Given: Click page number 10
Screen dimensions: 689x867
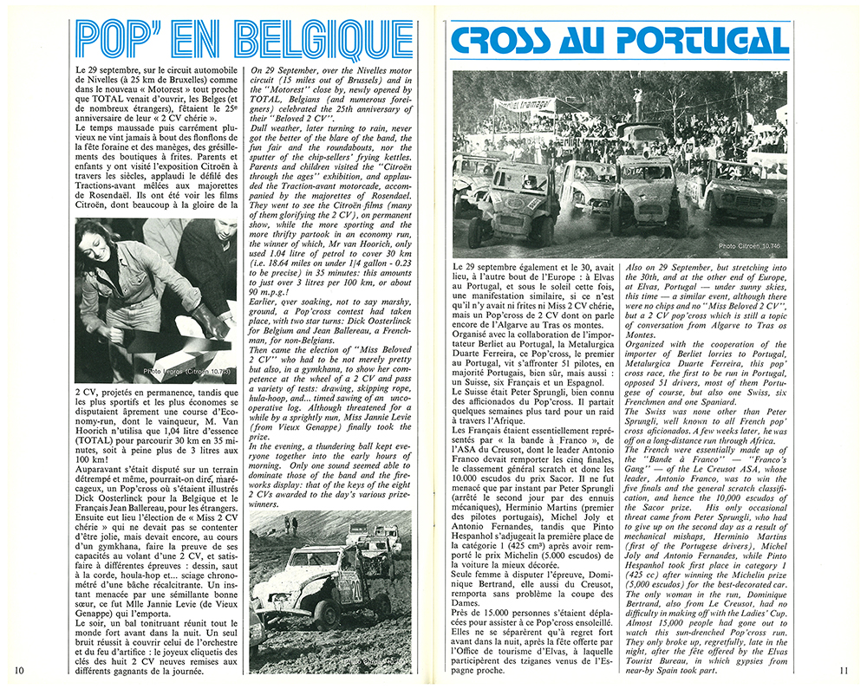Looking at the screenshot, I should pos(18,670).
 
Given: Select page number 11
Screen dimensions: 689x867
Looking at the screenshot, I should pos(846,670).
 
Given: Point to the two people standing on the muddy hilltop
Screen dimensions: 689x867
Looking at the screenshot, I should pos(290,525).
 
